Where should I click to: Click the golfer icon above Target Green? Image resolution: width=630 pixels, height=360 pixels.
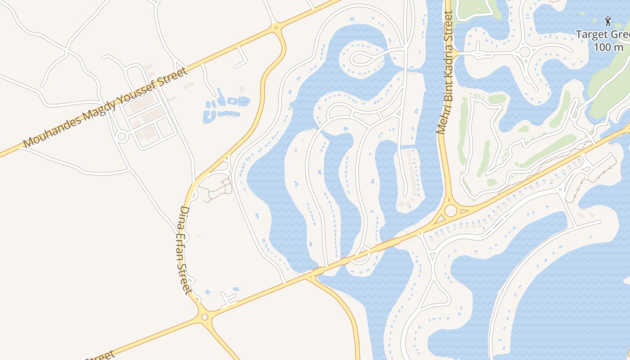(x=608, y=21)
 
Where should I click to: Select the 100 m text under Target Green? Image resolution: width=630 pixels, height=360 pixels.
(x=608, y=47)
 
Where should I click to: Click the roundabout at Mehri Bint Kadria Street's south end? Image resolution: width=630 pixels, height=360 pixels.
(x=450, y=210)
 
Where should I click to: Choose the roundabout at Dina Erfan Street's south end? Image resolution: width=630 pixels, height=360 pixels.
(x=205, y=317)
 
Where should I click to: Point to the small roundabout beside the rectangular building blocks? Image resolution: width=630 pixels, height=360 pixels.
(x=121, y=136)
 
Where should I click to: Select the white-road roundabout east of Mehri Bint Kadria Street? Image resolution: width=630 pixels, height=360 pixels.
(x=525, y=52)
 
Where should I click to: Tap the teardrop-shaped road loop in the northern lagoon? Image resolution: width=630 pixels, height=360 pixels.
(x=360, y=57)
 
